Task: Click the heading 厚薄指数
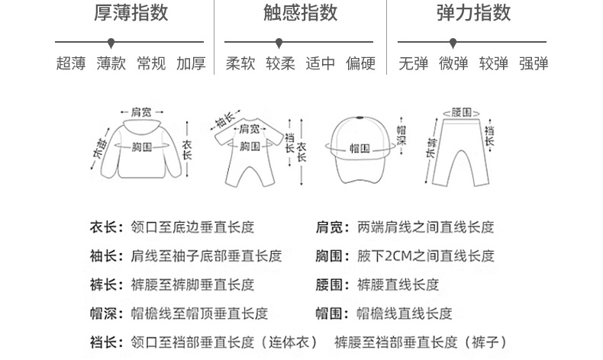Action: (131, 13)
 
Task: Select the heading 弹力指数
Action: (473, 13)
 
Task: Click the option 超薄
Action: (71, 63)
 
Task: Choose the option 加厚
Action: (191, 63)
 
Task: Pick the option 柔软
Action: (240, 63)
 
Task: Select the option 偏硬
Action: (360, 63)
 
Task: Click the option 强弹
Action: (534, 63)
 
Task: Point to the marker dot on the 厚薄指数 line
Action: (107, 41)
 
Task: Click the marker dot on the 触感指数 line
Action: (279, 41)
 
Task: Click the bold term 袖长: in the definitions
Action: (105, 256)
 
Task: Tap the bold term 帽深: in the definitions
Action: (105, 313)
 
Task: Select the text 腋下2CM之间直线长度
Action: (426, 256)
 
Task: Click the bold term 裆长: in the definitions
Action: (105, 342)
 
